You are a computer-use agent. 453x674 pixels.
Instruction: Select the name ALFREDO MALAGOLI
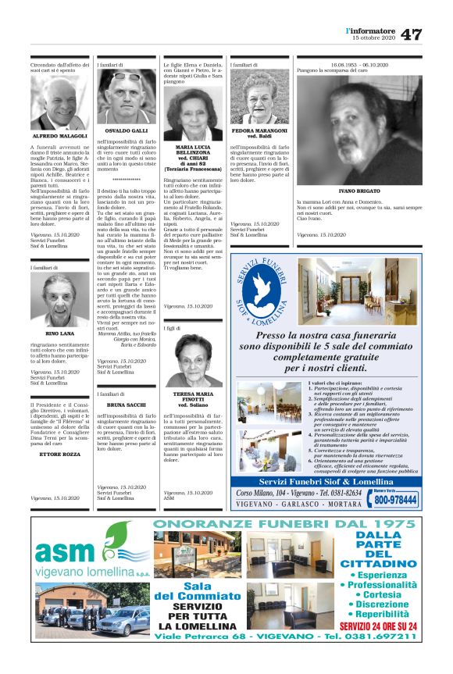point(59,136)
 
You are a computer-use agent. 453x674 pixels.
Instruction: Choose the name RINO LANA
point(59,333)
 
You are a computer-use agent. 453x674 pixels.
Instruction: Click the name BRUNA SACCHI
point(126,406)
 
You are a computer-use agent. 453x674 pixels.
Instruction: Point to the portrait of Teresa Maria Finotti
point(193,359)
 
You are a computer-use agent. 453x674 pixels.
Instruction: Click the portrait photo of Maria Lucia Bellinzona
point(193,113)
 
